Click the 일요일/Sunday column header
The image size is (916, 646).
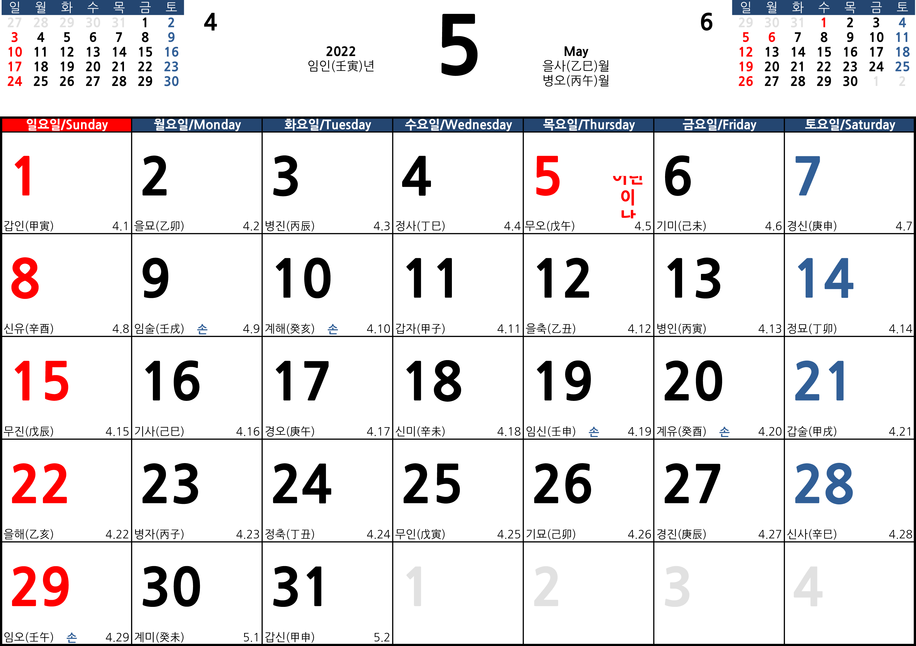pyautogui.click(x=67, y=125)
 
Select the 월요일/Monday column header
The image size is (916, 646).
pyautogui.click(x=197, y=125)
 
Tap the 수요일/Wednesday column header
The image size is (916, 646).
pyautogui.click(x=458, y=125)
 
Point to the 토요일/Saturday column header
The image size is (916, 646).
pyautogui.click(x=850, y=125)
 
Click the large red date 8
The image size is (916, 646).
pyautogui.click(x=25, y=278)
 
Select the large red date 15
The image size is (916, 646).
pyautogui.click(x=41, y=381)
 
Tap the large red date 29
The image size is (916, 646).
pyautogui.click(x=40, y=586)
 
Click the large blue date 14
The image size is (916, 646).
pyautogui.click(x=825, y=278)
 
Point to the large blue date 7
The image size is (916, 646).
pyautogui.click(x=808, y=176)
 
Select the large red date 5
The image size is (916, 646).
pyautogui.click(x=548, y=176)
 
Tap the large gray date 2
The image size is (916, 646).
pyautogui.click(x=546, y=586)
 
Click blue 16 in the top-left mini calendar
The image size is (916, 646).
pyautogui.click(x=171, y=52)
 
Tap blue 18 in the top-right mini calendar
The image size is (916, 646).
pyautogui.click(x=902, y=52)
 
